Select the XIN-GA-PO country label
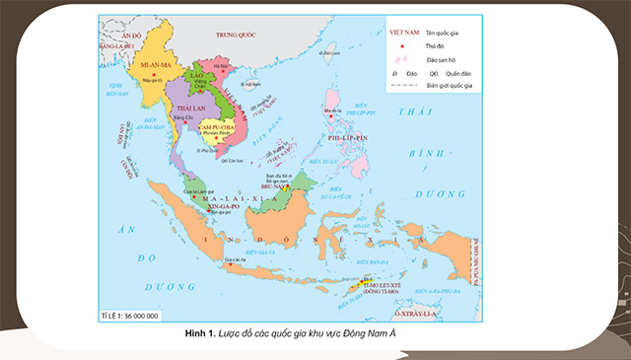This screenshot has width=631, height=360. tap(218, 204)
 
